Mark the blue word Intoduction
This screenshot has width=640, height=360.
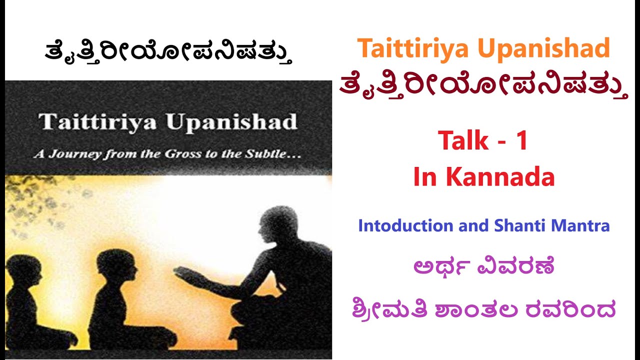(405, 225)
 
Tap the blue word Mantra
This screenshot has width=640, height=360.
(581, 225)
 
